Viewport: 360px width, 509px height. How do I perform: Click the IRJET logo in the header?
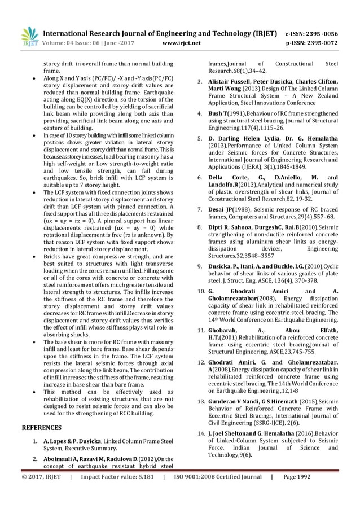[x=29, y=36]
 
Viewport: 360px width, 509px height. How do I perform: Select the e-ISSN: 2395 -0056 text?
[x=313, y=32]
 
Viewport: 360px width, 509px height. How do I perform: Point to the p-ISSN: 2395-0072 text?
[x=312, y=42]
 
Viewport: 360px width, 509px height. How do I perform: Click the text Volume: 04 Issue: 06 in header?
[x=73, y=42]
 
